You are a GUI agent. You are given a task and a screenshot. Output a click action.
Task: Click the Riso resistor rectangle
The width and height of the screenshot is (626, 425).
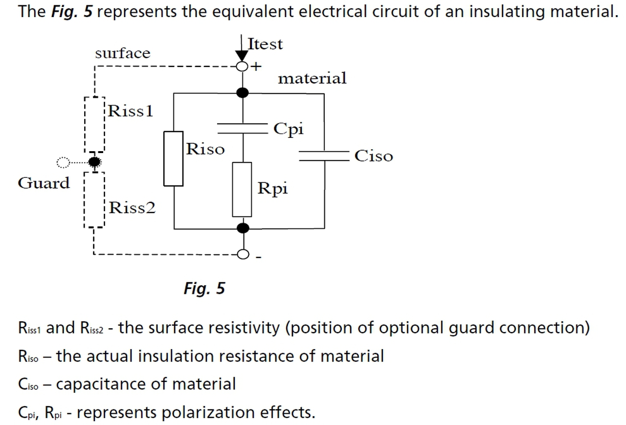coord(164,158)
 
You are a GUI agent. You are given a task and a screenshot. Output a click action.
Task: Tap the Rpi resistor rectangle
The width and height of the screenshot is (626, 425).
coord(233,189)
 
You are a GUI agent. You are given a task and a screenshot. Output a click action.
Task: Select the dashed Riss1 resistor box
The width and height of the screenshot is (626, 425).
coord(85,125)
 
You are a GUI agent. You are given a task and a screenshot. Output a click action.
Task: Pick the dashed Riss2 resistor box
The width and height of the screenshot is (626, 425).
coord(85,200)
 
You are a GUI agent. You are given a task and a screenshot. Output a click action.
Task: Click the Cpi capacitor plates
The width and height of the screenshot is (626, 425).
coord(243,128)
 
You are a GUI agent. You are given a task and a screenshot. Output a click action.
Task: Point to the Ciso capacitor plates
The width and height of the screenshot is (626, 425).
coord(324,156)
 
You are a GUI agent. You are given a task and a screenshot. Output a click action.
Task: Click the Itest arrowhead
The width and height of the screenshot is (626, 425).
coord(242,56)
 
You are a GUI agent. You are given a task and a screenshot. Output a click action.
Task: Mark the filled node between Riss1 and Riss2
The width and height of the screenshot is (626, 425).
coord(95,162)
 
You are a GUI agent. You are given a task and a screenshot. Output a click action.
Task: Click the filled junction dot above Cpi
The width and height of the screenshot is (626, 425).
coord(242,92)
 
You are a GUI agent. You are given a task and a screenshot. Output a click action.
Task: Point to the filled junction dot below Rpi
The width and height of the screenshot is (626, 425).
coord(243,228)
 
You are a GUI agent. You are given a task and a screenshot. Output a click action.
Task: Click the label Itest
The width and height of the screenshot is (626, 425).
coord(265,44)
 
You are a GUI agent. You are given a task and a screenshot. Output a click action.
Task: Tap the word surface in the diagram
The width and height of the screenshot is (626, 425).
coord(123,53)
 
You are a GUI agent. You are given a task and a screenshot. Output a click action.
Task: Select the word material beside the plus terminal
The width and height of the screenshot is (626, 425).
coord(312,78)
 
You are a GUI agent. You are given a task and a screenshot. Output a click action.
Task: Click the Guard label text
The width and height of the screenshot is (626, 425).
coord(44,183)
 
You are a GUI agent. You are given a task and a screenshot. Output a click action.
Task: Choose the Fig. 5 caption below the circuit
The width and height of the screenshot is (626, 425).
coord(204,289)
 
